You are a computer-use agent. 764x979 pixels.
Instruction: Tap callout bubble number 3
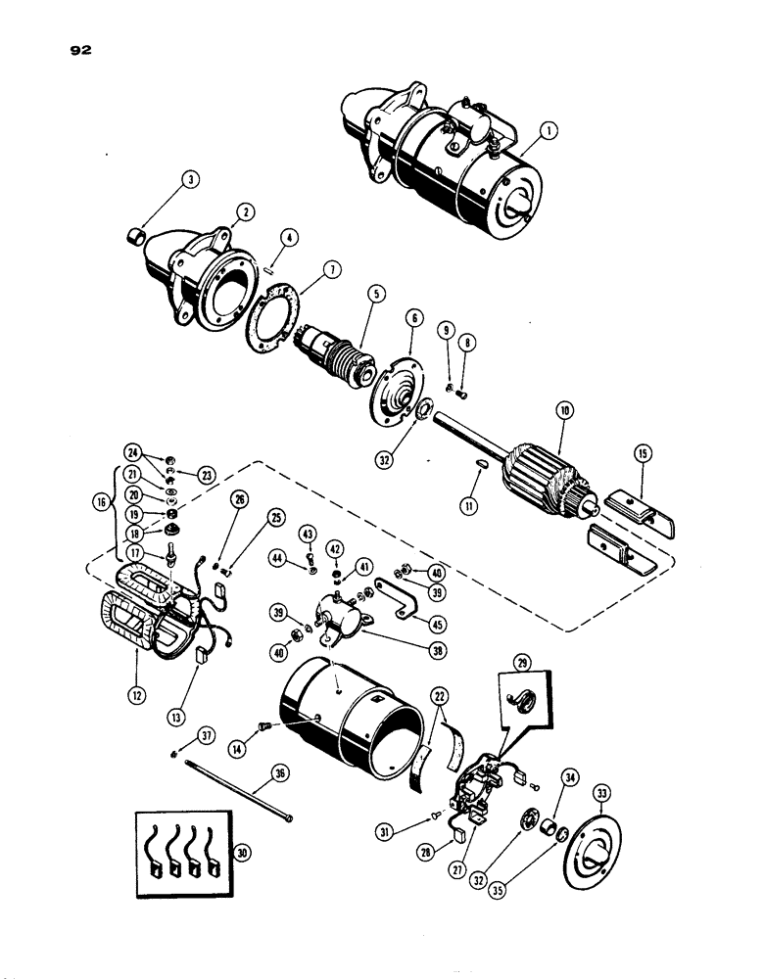click(190, 179)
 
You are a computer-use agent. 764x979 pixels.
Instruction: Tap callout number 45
click(424, 621)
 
